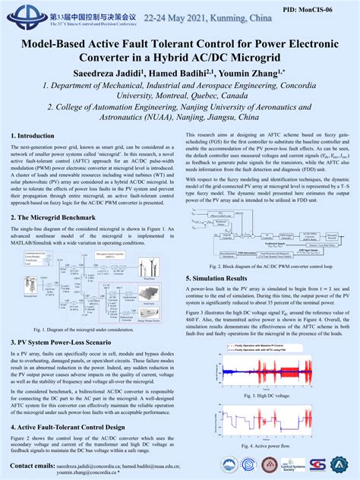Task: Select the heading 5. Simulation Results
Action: coord(225,278)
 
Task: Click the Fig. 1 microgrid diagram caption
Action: coord(90,330)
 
